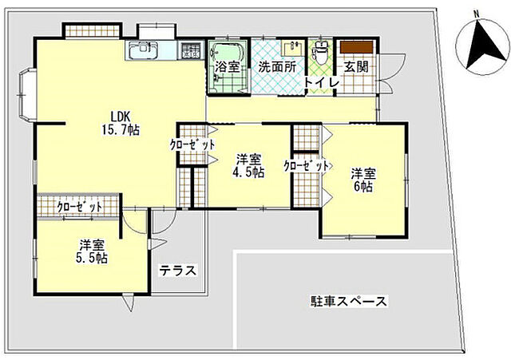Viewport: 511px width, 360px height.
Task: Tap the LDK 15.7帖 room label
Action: pyautogui.click(x=121, y=122)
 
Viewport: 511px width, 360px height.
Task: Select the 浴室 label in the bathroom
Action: pyautogui.click(x=228, y=68)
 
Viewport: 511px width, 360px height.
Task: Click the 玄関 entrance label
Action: pyautogui.click(x=356, y=68)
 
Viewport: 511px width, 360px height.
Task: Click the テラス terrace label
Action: pyautogui.click(x=177, y=270)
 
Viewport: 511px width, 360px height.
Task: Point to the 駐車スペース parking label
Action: pyautogui.click(x=349, y=302)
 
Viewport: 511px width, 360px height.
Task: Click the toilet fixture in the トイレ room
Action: pyautogui.click(x=321, y=54)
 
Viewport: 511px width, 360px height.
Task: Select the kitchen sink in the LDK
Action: pyautogui.click(x=145, y=51)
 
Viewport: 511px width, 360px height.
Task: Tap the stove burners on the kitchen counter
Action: pyautogui.click(x=192, y=51)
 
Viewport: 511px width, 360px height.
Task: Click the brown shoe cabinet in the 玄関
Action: pyautogui.click(x=355, y=48)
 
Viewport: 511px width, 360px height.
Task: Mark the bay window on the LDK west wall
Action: pyautogui.click(x=26, y=94)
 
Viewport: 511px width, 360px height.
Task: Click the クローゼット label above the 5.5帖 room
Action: pyautogui.click(x=80, y=207)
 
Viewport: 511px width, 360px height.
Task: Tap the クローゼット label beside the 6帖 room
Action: pyautogui.click(x=307, y=166)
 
